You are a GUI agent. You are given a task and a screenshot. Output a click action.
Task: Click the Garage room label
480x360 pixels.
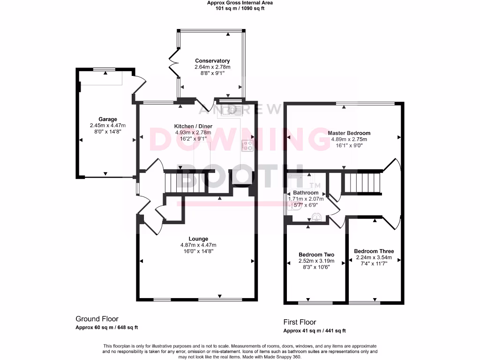tap(108, 119)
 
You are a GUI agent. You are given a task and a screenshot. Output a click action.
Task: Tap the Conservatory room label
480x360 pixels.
tap(212, 61)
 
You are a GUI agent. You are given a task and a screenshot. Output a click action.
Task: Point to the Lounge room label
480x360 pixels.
tap(199, 239)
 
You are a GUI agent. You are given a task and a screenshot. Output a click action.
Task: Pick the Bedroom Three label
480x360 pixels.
tap(374, 251)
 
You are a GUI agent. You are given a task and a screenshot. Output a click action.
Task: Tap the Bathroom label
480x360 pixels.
tap(306, 193)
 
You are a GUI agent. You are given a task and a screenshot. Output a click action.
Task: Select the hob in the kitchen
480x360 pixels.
tap(247, 145)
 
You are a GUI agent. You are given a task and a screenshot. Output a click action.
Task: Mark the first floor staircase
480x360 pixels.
tap(361, 182)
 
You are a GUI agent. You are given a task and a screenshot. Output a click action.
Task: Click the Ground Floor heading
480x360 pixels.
tap(97, 319)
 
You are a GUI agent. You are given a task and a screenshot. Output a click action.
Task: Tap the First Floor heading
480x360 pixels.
tap(300, 322)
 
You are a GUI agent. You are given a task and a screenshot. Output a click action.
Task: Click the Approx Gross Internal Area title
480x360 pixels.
tap(240, 3)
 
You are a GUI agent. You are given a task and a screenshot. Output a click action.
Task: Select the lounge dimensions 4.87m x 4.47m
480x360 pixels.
tap(198, 245)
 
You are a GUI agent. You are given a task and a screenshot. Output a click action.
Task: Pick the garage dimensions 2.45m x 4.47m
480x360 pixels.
tap(108, 126)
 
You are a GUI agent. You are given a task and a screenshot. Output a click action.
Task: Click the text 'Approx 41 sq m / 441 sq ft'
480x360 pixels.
tap(315, 331)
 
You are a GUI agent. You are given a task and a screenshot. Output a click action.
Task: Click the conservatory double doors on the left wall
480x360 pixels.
tap(174, 59)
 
